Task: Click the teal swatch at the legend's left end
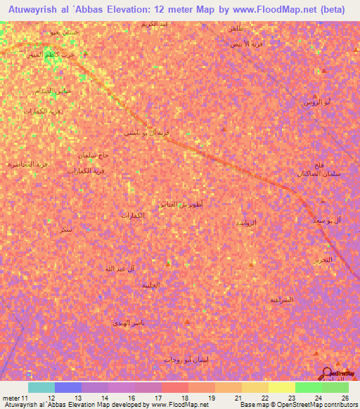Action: (41, 387)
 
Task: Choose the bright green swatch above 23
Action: (308, 387)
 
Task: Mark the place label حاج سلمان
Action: (94, 155)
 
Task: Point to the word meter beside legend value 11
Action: (12, 398)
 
